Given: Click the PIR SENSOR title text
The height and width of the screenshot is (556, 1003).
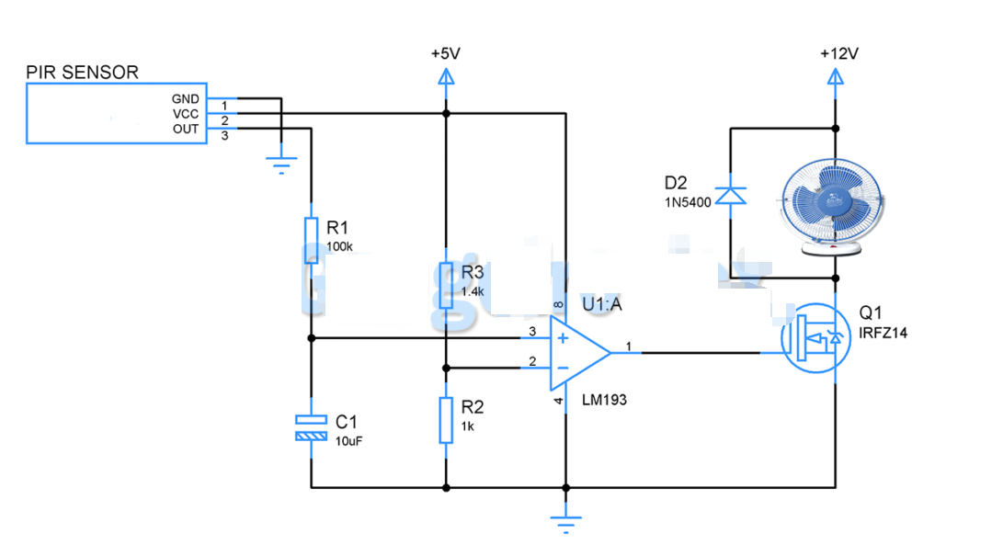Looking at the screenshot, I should point(83,72).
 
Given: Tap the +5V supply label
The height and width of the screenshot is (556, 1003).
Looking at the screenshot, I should point(445,54).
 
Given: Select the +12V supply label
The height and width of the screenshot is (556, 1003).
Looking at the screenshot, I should point(838,54).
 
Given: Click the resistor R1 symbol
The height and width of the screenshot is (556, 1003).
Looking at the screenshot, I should point(312,240).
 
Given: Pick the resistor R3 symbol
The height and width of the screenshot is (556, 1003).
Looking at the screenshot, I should point(446,285).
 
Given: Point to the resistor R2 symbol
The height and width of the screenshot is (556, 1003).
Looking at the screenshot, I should point(446,420).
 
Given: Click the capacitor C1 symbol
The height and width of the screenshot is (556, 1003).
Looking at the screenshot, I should point(311,427).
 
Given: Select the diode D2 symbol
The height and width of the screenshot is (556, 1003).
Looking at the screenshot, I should point(731,195).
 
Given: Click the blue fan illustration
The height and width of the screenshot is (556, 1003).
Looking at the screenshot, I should point(835,207).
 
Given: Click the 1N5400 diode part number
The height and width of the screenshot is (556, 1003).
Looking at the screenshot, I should point(688,202).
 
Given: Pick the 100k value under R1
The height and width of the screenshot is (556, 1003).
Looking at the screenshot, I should point(338,247).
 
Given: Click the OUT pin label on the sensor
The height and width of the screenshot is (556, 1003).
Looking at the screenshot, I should point(186,130).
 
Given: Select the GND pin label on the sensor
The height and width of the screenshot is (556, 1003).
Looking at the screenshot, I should point(185,99).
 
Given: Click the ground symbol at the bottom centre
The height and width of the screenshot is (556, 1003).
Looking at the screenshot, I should point(566,522).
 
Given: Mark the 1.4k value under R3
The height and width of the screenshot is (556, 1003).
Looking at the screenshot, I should point(473,291).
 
